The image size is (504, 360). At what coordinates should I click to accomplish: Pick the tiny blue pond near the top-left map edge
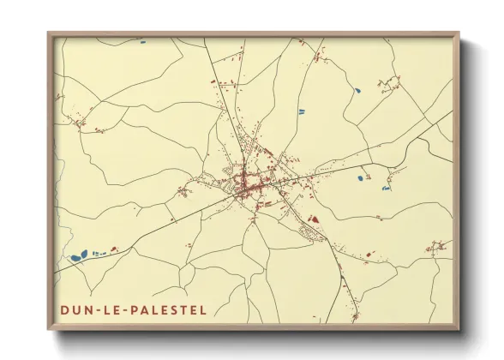[x=141, y=40]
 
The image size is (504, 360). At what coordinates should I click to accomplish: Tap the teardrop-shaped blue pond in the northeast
[x=357, y=90]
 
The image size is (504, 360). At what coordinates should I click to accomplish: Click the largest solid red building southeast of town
[x=313, y=219]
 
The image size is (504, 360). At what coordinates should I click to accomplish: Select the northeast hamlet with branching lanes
[x=390, y=84]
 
